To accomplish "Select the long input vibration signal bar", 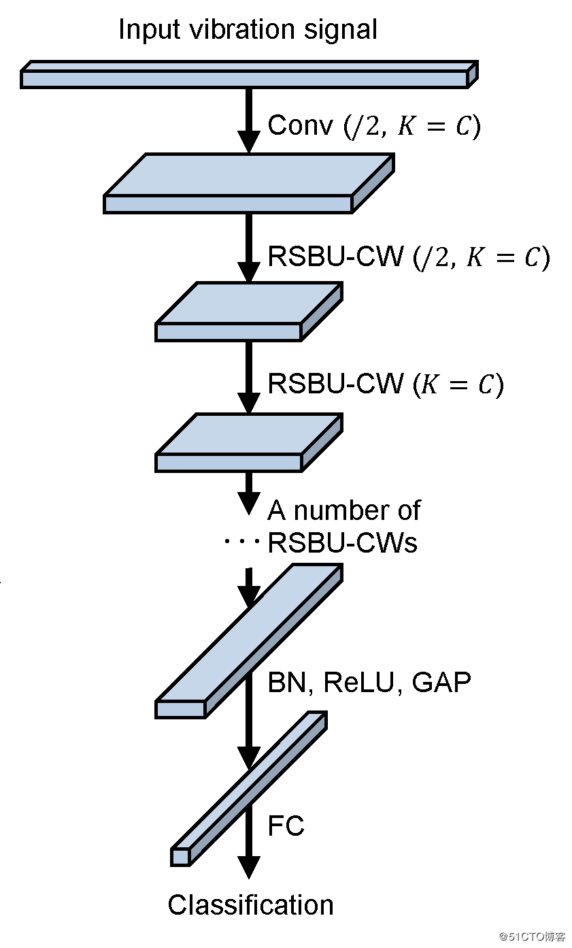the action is coord(249,74).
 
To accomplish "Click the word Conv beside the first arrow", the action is coord(301,125).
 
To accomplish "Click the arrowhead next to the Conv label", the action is coord(249,142).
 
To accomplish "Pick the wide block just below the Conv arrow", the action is coord(249,183).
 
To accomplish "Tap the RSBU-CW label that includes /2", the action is coord(409,257).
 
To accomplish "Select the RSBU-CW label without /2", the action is coord(386,384).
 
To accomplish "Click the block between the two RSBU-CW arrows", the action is coord(249,312).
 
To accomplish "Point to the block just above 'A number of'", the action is coord(249,442).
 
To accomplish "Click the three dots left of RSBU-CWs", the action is coord(241,541).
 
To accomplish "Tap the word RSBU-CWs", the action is coord(343,542).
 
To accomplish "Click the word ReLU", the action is coord(358,682).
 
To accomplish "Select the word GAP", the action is coord(441,682).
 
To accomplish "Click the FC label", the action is coord(286,825).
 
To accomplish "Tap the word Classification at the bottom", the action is coord(251,905).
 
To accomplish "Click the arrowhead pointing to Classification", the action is coord(249,868).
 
